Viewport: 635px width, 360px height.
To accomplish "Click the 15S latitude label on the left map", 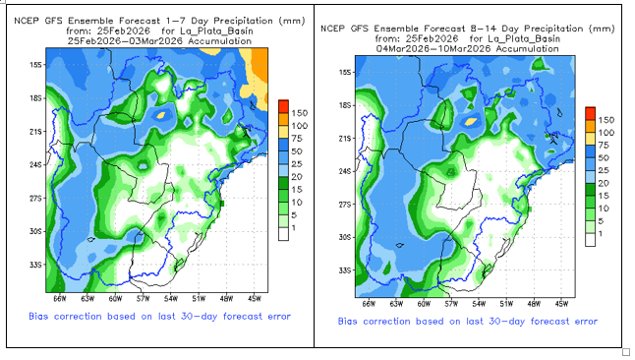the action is tap(34, 65).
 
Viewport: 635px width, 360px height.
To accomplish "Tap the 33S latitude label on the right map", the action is tap(344, 270).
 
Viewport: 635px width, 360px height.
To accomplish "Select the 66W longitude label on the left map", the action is tap(60, 299).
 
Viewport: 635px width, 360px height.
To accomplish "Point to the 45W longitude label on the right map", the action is tap(561, 304).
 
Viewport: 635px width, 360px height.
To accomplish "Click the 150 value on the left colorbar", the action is tap(299, 113).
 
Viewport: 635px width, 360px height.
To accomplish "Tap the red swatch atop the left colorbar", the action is tap(283, 106).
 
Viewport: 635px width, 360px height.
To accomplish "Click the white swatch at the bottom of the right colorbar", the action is tap(591, 240).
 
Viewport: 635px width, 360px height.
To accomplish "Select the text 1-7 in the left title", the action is tap(176, 21).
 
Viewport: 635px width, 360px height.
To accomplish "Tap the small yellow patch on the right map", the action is tap(470, 121).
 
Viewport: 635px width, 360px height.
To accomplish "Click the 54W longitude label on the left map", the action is tap(171, 299).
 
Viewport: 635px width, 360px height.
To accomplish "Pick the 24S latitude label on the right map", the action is tap(344, 171).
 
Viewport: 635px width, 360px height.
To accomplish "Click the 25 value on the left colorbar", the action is tap(297, 164).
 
